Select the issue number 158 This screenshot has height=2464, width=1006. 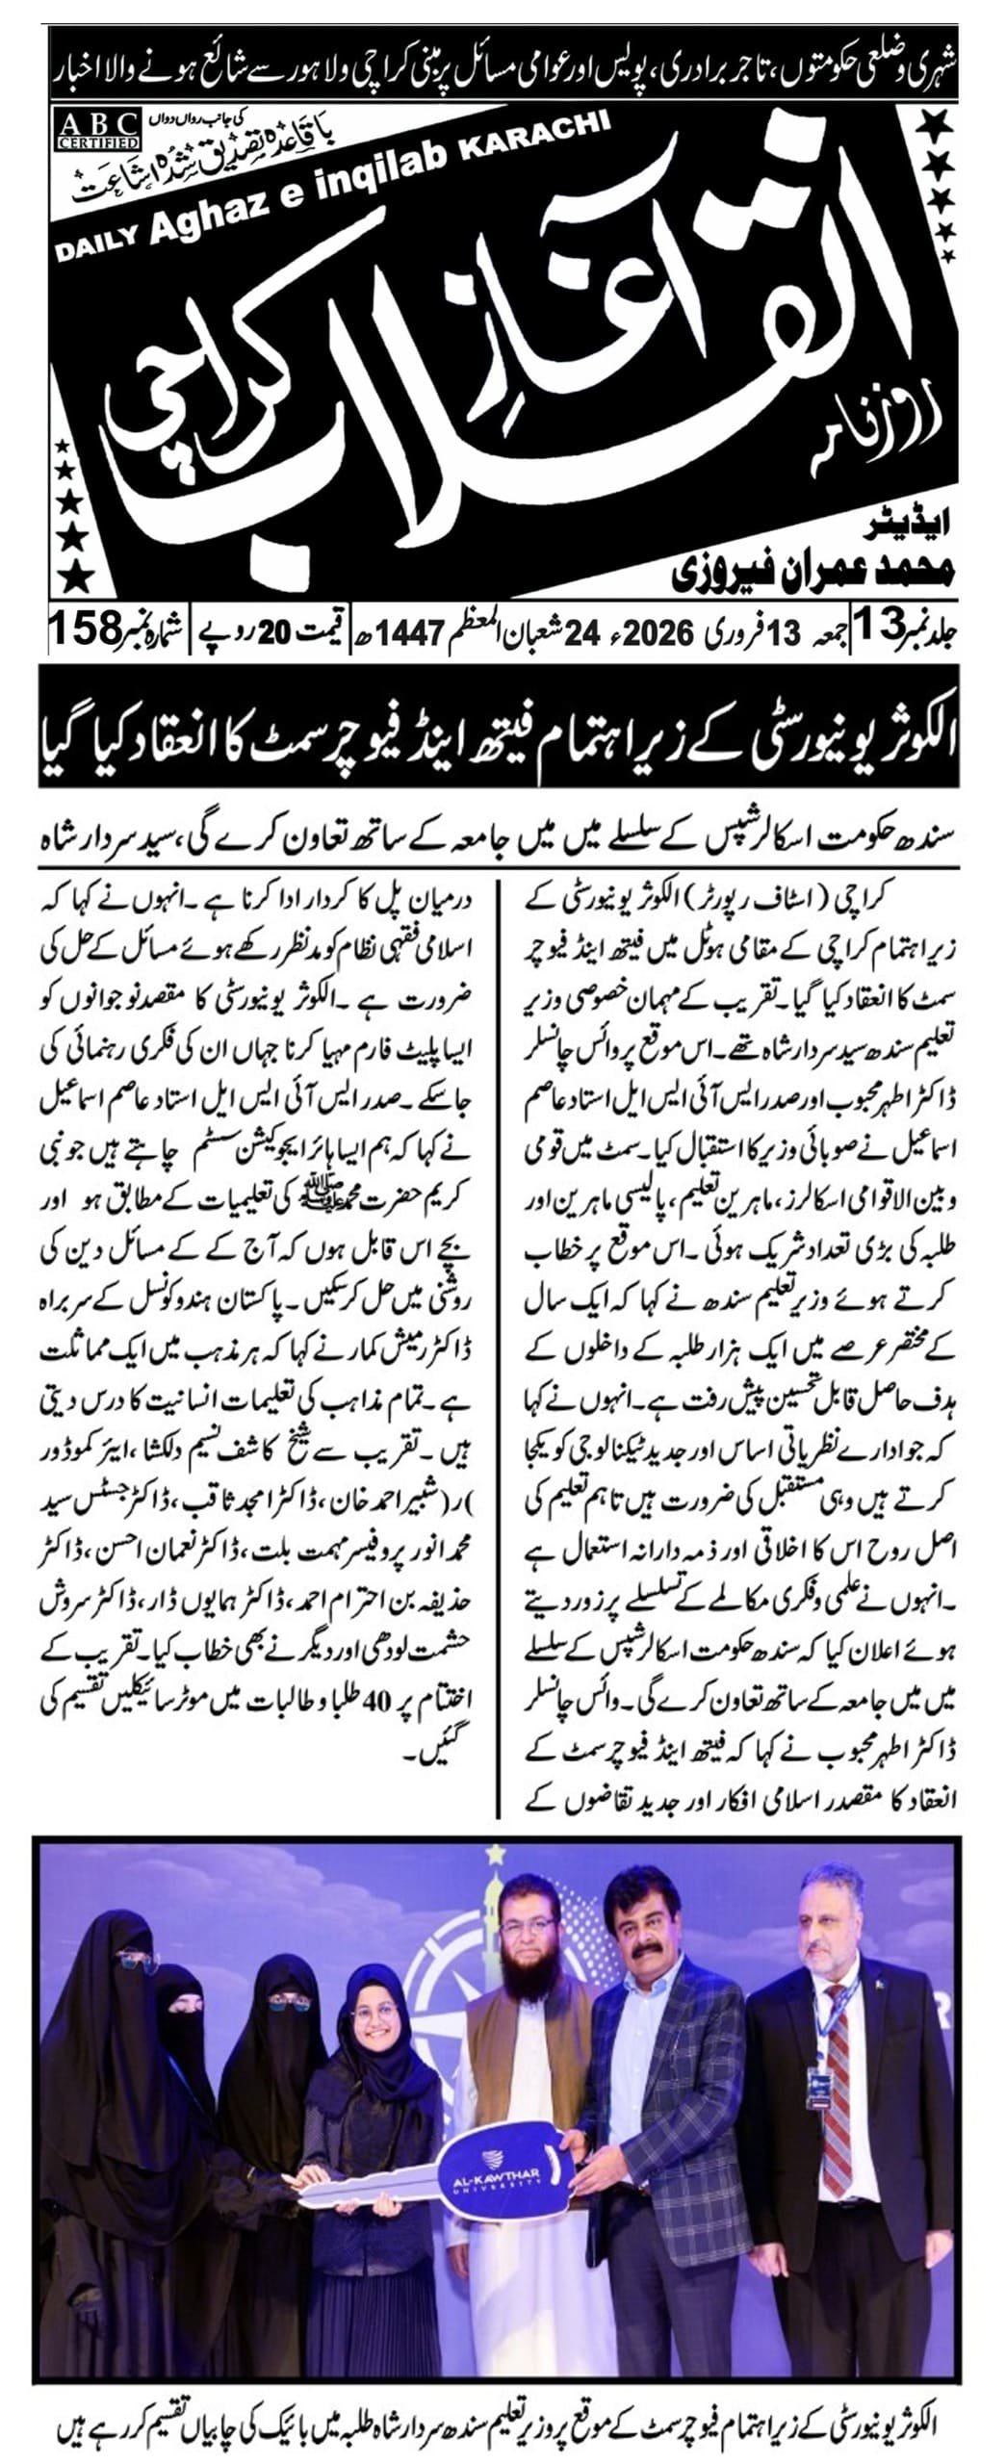pyautogui.click(x=86, y=632)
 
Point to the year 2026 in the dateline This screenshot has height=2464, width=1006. pyautogui.click(x=662, y=633)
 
